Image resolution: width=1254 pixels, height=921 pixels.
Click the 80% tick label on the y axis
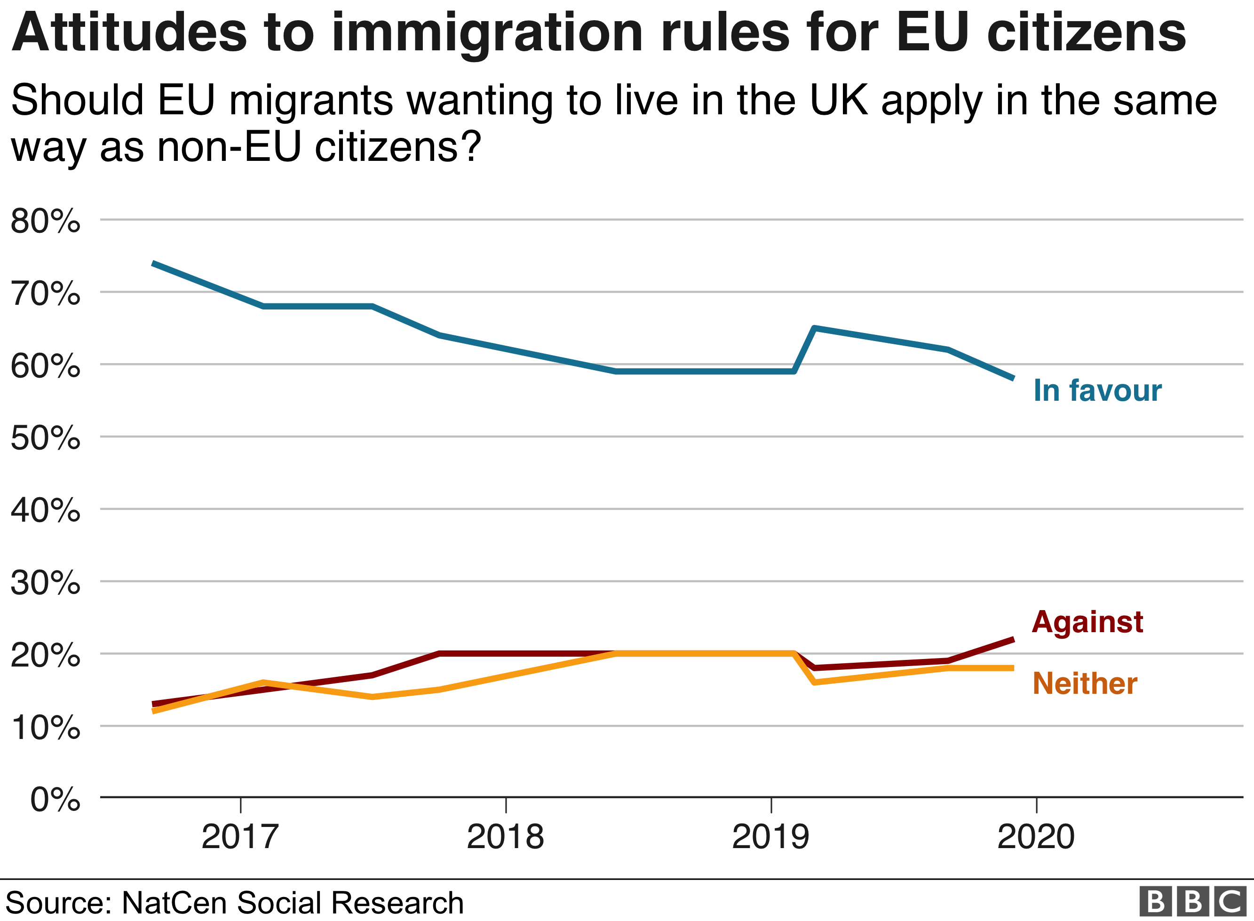pos(45,222)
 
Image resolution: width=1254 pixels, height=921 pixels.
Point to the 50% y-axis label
pos(45,438)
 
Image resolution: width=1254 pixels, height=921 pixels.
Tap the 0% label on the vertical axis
pos(55,800)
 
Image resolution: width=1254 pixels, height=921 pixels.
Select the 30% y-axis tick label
pos(45,583)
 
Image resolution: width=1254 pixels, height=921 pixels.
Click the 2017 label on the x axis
pos(240,837)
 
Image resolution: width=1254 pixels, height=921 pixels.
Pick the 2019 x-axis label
pos(770,837)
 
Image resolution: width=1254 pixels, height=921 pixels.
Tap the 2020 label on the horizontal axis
pos(1036,837)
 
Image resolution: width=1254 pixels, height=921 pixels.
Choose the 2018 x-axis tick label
pos(505,837)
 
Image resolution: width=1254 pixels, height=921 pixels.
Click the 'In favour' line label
pos(1097,390)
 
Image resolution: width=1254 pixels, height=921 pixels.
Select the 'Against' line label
pos(1087,622)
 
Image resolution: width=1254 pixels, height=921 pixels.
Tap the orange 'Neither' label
pos(1085,683)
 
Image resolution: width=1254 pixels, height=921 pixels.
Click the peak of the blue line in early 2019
pos(815,328)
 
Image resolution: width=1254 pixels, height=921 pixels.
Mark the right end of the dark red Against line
pos(1012,639)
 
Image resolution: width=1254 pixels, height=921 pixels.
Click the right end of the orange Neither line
pos(1012,668)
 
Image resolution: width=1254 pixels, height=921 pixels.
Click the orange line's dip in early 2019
pos(815,683)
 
